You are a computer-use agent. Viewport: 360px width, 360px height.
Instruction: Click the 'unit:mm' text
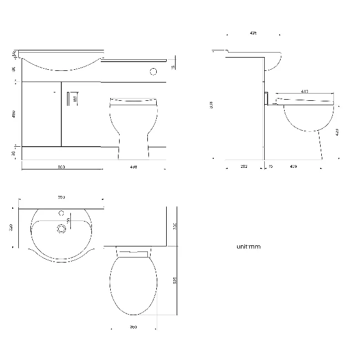pos(248,246)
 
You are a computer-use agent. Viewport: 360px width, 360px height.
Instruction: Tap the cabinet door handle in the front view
pos(68,99)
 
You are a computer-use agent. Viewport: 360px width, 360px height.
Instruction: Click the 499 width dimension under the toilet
pos(133,167)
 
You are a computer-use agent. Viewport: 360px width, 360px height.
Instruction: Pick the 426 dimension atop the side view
pos(253,33)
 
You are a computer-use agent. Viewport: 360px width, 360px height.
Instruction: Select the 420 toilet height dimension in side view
pos(337,132)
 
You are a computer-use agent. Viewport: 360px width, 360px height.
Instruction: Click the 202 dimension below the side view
pos(244,166)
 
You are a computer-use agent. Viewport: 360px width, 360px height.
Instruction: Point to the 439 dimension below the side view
pos(293,166)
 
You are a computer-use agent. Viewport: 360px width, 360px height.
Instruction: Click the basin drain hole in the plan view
pos(60,226)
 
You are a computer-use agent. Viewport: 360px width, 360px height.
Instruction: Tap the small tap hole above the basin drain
pos(61,212)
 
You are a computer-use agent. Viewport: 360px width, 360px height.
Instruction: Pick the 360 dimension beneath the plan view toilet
pos(133,327)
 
